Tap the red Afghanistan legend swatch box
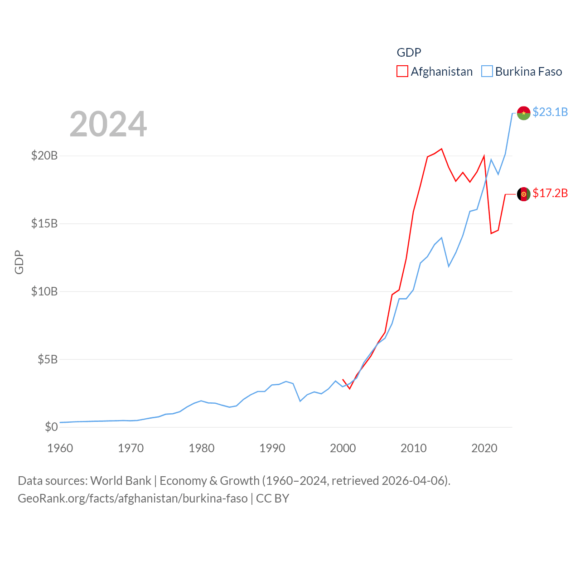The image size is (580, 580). (402, 72)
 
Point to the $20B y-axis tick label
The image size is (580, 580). (44, 156)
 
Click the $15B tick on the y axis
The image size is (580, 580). (44, 223)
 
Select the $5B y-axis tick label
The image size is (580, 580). (48, 359)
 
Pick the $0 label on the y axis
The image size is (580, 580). (51, 427)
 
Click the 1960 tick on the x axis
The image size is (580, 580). (60, 448)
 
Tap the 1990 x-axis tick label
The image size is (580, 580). (272, 448)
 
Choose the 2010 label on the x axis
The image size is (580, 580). (414, 448)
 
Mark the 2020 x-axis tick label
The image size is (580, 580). (484, 448)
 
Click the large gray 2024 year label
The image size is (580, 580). (108, 124)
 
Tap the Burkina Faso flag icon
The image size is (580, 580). (523, 113)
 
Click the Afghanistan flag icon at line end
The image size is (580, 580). (523, 194)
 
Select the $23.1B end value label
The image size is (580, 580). (550, 112)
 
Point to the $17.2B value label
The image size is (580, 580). (550, 193)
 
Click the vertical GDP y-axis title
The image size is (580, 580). (19, 262)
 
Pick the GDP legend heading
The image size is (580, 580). (409, 53)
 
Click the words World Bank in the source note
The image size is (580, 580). (121, 480)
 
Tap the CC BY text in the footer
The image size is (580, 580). (272, 498)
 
